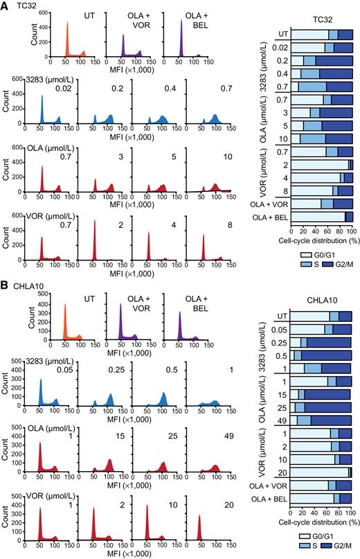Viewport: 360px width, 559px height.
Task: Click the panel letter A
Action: click(x=6, y=6)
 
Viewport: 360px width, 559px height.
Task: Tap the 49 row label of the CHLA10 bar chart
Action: click(x=283, y=420)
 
